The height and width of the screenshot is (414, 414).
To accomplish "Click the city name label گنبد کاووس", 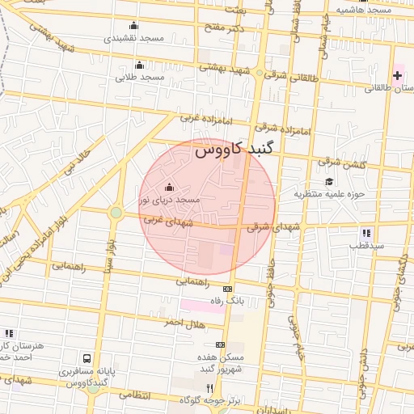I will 234,150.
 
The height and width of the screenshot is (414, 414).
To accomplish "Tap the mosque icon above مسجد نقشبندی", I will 133,25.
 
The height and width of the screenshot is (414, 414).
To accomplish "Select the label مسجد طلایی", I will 139,78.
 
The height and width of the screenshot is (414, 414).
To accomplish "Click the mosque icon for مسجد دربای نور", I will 169,188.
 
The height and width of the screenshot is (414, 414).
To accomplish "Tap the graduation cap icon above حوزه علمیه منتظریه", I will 329,181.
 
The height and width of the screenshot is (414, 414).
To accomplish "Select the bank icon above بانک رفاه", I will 228,289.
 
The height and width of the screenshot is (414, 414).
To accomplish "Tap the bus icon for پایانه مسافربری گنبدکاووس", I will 87,357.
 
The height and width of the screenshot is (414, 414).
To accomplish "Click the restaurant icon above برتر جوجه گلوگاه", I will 210,388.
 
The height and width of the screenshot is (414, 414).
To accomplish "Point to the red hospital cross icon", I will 397,76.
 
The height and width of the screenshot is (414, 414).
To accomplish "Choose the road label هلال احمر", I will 183,323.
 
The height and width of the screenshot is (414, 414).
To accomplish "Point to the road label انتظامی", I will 134,395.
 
